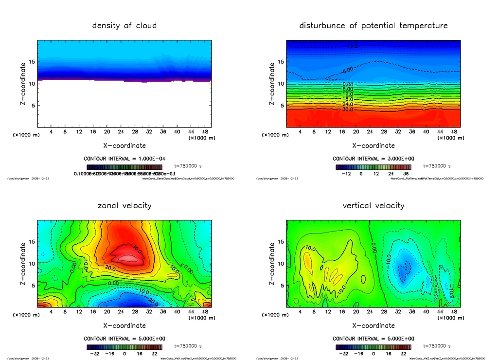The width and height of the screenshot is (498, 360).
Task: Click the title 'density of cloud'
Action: coord(124,26)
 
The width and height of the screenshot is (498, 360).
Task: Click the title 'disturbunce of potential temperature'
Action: coord(373,26)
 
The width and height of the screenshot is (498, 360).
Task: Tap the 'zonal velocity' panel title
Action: coord(124,206)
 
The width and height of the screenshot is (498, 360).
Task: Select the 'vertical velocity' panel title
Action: coord(373,206)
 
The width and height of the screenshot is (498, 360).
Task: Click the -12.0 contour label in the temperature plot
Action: coord(352,47)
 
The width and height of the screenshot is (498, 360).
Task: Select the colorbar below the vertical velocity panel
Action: coord(373,347)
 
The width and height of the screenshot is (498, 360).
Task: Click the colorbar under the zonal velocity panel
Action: coord(124,347)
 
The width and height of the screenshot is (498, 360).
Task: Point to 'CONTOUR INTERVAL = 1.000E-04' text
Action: coord(124,159)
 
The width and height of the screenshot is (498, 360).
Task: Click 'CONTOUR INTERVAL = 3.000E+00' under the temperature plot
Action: coord(373,159)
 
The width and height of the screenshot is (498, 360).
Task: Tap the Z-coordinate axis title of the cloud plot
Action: coord(22,84)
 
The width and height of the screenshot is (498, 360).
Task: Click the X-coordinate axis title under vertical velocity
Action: coord(373,325)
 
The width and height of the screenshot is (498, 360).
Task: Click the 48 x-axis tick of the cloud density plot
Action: coord(204,132)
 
